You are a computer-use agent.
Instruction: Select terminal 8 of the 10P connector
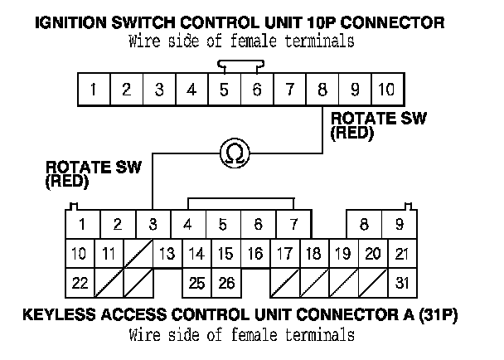322,89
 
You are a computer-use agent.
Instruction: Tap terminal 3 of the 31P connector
153,224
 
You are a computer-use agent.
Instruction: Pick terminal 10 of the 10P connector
385,89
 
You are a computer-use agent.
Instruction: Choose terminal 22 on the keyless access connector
80,283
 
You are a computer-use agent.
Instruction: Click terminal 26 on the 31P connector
226,283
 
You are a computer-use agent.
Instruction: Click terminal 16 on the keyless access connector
256,254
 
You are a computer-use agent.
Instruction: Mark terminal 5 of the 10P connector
224,89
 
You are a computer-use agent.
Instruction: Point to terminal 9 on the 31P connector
399,224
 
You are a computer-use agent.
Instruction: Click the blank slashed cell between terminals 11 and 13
138,254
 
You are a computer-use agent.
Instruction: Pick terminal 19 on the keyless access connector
341,254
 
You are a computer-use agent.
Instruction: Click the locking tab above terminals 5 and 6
240,63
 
